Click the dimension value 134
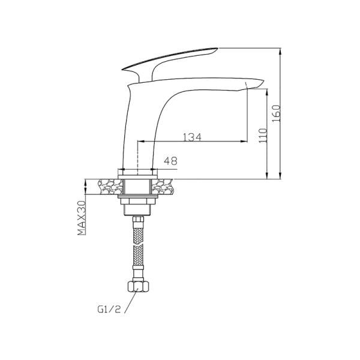tap(191, 136)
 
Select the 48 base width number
tap(172, 161)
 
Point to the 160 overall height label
tap(276, 112)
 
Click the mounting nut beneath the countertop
tap(138, 200)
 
